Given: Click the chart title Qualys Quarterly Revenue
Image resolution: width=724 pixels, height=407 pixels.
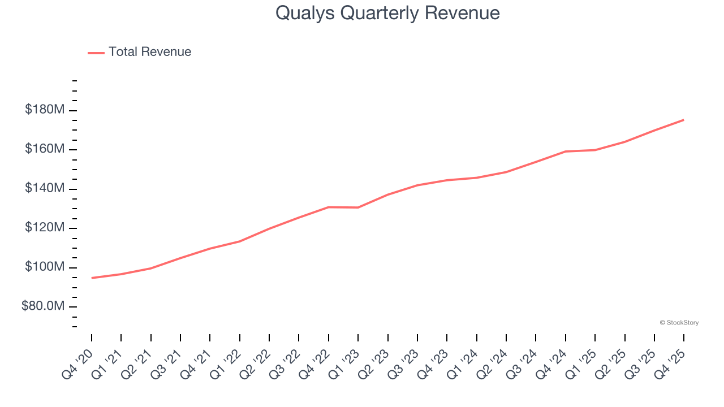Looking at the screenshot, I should pos(387,13).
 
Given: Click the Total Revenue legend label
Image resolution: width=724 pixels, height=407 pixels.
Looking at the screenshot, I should pos(150,52).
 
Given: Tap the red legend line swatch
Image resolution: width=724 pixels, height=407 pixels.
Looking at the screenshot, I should pos(96,53).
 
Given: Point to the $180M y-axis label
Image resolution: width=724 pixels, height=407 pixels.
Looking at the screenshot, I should pos(45,110).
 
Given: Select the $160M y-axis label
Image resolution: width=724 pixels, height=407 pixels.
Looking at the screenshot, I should pos(45,149).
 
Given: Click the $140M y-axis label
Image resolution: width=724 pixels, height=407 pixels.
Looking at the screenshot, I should pos(45,188).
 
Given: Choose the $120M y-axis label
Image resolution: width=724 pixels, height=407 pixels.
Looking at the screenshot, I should pos(45,228).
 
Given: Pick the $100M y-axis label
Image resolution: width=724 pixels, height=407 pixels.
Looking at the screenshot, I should pos(45,267).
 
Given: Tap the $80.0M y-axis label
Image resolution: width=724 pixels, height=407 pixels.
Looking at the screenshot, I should pos(43,306).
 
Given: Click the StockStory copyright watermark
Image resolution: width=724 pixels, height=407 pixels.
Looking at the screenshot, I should pos(679,323).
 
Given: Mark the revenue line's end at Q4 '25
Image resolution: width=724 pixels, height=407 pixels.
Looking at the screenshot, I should pos(684,120).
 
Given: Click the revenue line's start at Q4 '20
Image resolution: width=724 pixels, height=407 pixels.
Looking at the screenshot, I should pos(92,278).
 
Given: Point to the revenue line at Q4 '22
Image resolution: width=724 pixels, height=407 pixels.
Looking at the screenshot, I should pos(329,207).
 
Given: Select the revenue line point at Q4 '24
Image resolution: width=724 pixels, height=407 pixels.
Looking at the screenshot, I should pos(566,151).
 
